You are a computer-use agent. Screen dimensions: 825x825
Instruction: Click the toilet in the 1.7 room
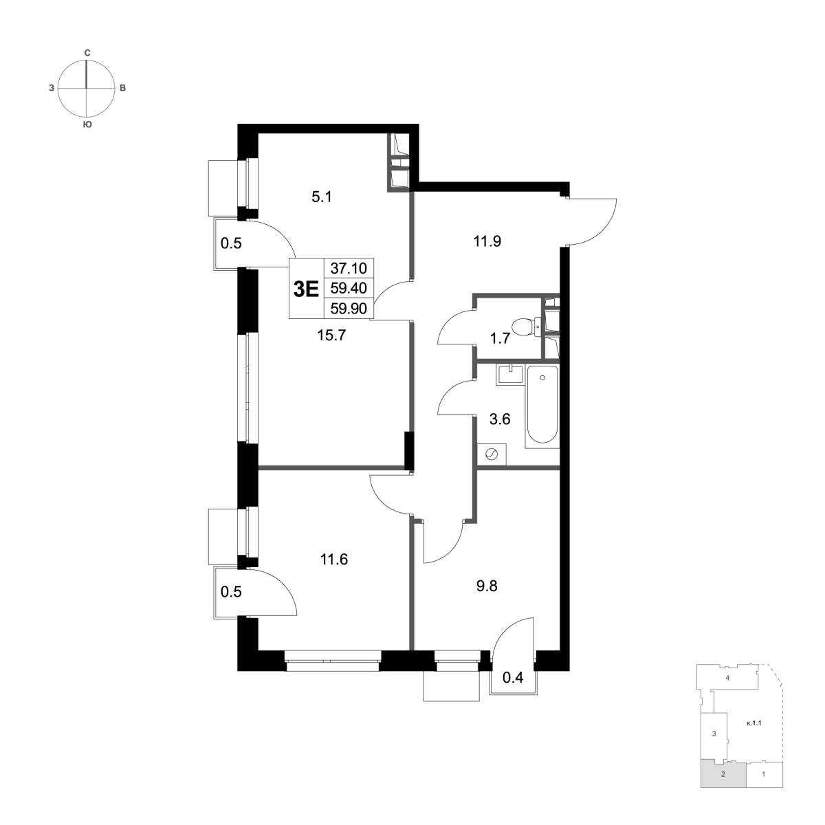point(526,327)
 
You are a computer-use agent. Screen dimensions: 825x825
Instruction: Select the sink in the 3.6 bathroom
point(509,375)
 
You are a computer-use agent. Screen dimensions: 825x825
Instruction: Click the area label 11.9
point(487,242)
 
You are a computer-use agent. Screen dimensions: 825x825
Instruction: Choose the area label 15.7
point(331,335)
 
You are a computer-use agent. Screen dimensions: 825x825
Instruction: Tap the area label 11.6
point(334,559)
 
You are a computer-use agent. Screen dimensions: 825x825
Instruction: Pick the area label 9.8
point(487,586)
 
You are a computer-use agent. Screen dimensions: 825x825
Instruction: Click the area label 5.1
point(322,197)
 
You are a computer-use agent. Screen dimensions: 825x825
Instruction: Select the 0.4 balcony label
point(512,678)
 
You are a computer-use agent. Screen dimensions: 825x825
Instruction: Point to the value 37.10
point(349,268)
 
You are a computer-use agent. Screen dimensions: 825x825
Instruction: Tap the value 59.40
point(349,288)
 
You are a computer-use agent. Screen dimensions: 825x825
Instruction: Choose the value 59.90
point(349,308)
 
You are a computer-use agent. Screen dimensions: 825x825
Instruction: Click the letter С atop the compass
point(87,53)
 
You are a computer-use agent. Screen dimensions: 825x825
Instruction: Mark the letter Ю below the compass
point(87,124)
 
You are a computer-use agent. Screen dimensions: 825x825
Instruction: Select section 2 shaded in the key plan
point(723,786)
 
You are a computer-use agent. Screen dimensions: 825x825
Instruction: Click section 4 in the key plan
point(727,690)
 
